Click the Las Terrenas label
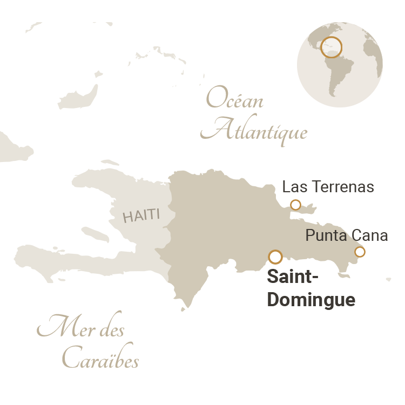[x=328, y=187]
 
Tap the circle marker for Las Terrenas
[x=295, y=205]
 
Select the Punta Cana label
[x=347, y=235]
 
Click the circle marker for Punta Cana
[x=360, y=251]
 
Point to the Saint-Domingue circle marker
[x=275, y=256]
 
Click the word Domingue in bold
[x=311, y=300]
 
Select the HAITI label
[x=141, y=216]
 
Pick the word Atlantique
[x=258, y=131]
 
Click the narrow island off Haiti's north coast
[x=110, y=162]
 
